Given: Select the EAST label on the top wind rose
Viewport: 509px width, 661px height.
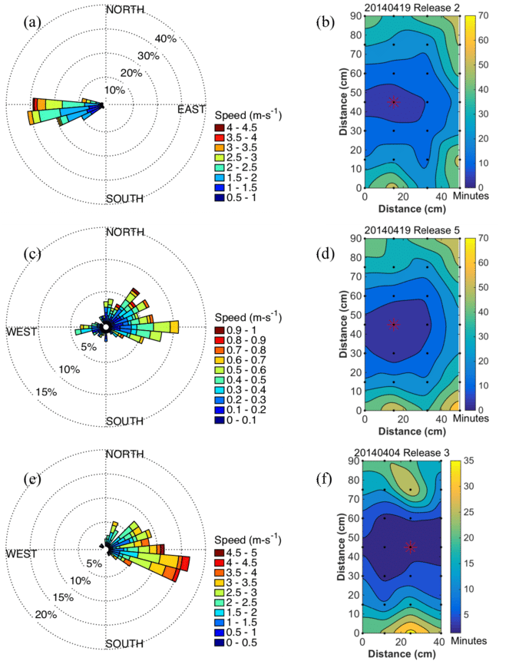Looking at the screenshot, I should coord(191,110).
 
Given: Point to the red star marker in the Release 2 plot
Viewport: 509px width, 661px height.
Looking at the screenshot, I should coord(394,101).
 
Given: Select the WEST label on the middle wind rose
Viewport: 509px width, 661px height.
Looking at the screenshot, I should coord(23,332).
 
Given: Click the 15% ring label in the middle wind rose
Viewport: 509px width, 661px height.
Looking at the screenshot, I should coord(47,392).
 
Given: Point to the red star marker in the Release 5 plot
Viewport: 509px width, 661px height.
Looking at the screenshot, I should coord(394,324).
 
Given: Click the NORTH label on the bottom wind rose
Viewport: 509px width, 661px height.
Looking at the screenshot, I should coord(125,454).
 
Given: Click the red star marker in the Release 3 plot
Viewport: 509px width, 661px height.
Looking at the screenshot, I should coord(411,547).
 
